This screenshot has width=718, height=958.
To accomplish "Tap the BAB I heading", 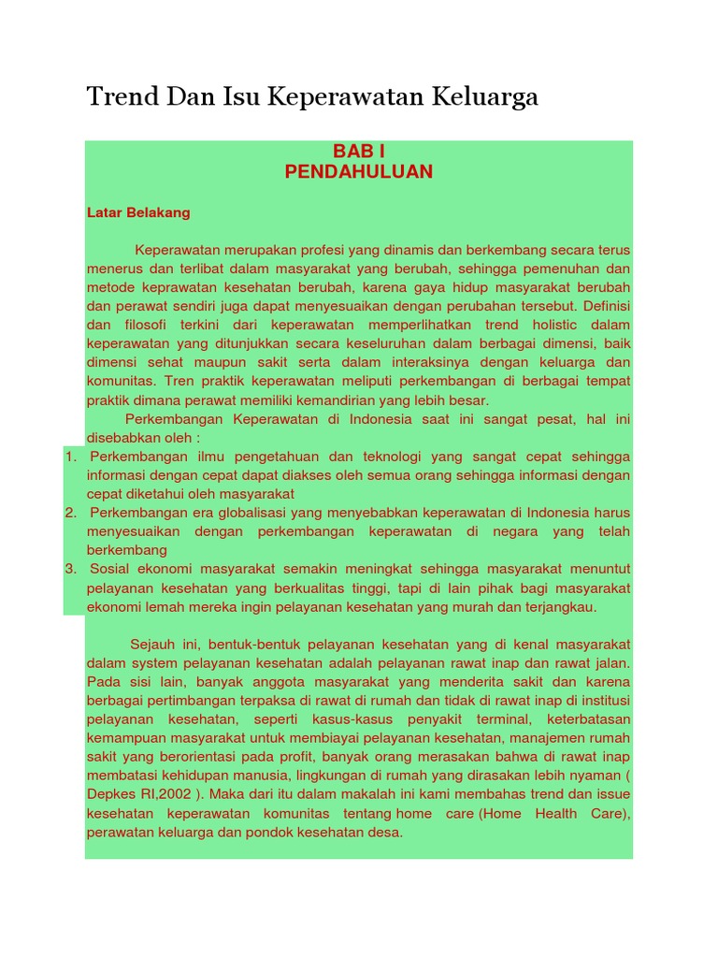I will click(359, 152).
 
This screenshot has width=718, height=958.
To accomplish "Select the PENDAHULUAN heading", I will click(359, 172).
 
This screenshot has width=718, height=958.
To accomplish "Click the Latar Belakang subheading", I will click(138, 212).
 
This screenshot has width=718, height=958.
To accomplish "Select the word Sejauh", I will click(152, 645).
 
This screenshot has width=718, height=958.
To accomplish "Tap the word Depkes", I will click(109, 793).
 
